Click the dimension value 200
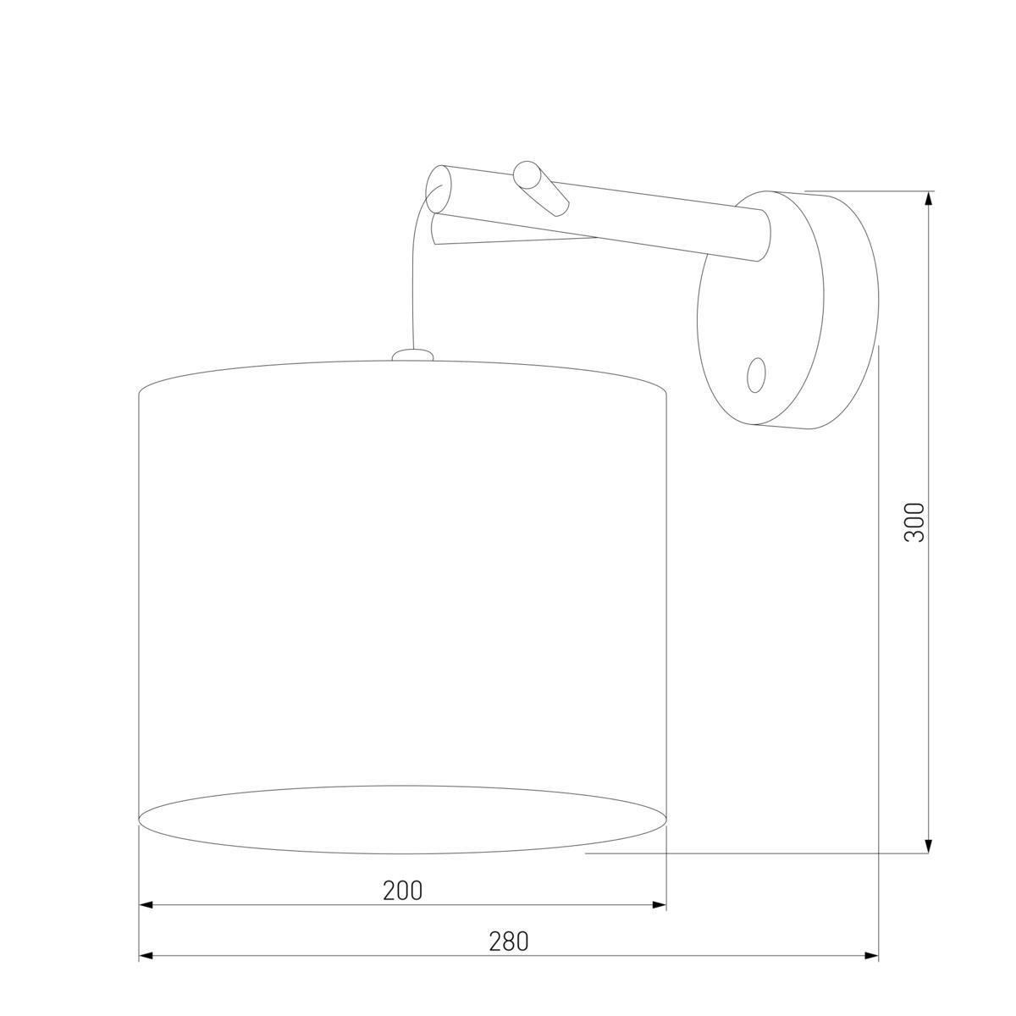coord(402,891)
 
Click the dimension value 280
coord(508,941)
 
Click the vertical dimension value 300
coord(915,522)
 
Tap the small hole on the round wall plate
coord(757,373)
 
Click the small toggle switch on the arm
coord(541,187)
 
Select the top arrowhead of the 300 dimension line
coord(930,197)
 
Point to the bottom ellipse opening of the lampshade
coord(403,820)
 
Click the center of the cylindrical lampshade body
coord(403,584)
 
